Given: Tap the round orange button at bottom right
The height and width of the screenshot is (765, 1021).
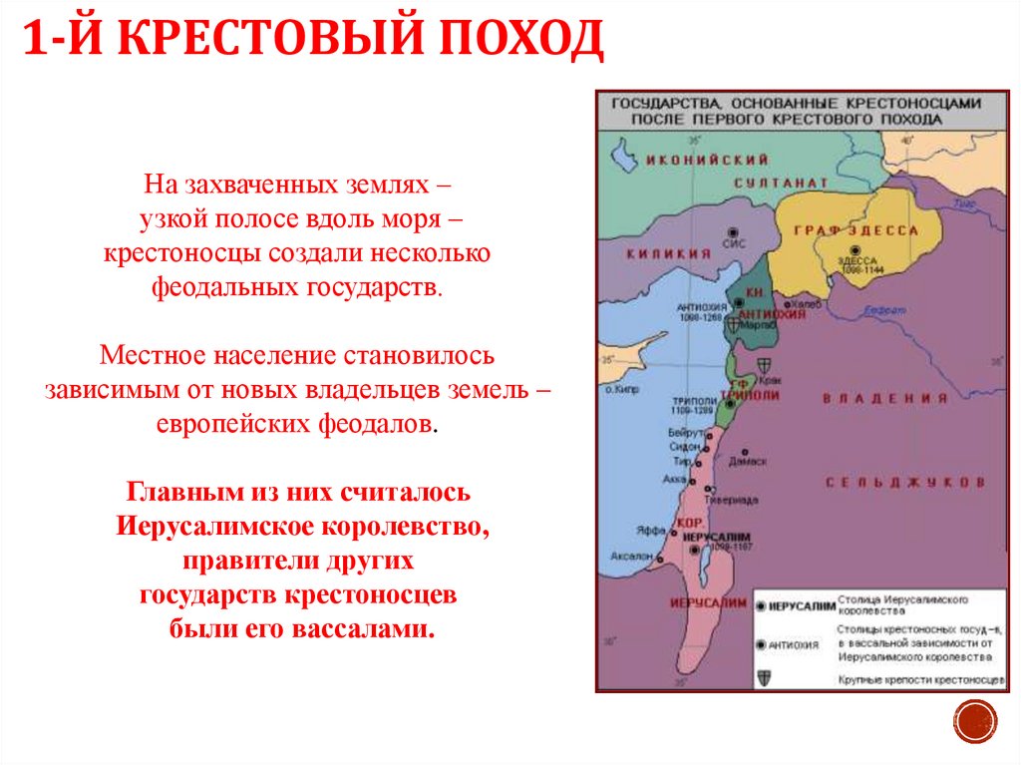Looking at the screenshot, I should pos(975,720).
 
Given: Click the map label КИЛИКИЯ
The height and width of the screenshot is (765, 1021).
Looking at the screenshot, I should pos(668,254).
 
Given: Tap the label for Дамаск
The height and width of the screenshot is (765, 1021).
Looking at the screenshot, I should pos(748,462).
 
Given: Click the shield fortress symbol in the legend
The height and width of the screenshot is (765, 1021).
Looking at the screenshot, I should pos(763,676).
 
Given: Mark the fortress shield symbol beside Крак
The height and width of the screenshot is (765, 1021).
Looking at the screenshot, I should pos(766,365).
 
